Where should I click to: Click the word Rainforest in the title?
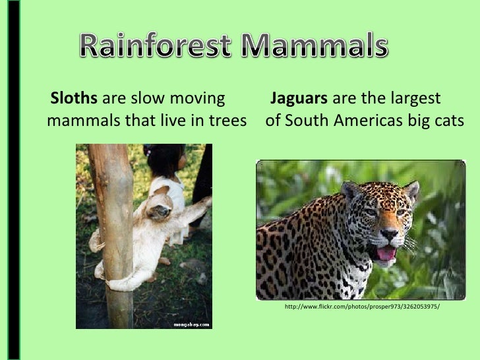click(154, 47)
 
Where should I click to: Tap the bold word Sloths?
click(75, 100)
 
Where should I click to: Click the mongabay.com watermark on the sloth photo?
click(192, 324)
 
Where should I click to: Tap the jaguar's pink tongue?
click(385, 253)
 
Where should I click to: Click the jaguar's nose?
click(389, 234)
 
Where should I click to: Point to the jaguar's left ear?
click(352, 191)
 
